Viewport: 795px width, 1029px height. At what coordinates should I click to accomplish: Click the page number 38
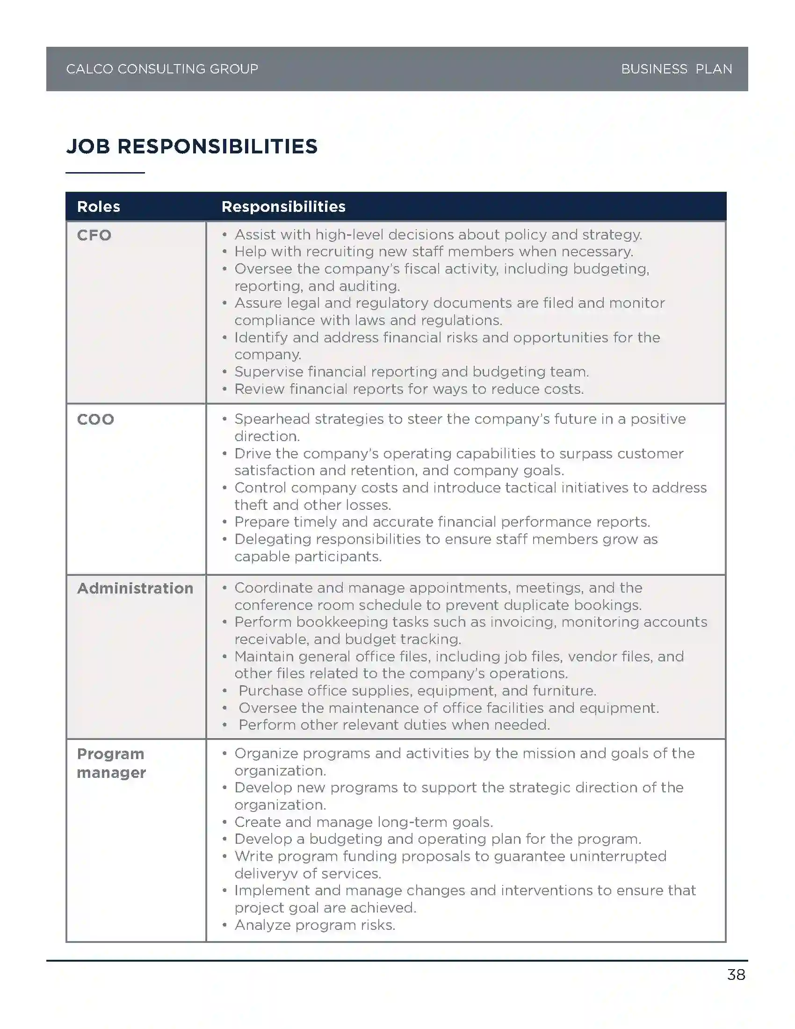click(736, 974)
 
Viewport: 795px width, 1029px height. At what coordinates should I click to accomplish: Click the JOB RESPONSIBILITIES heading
click(192, 146)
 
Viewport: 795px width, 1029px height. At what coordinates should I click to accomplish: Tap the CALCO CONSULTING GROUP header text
click(162, 69)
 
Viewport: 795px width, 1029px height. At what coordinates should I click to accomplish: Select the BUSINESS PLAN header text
click(676, 69)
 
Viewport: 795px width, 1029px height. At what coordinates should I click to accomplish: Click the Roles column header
click(98, 207)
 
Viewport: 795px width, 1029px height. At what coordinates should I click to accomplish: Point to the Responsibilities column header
click(283, 207)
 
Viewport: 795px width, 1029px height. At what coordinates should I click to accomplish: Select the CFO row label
click(94, 235)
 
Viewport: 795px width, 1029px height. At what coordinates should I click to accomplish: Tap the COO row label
click(95, 420)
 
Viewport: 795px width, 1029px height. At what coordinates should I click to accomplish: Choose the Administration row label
click(135, 588)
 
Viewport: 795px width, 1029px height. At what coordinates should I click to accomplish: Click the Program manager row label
click(112, 763)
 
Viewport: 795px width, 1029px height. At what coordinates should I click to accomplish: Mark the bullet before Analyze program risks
click(225, 925)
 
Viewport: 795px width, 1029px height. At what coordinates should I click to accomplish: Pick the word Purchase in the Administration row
click(270, 691)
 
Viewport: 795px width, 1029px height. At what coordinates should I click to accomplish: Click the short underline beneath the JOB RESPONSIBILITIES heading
click(105, 173)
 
